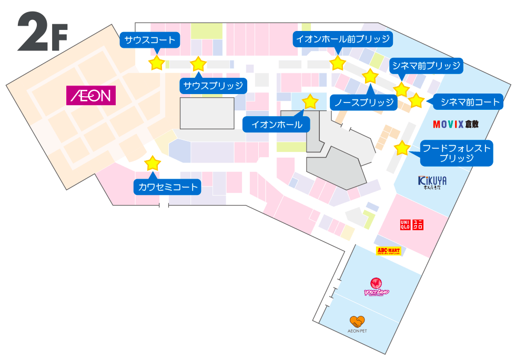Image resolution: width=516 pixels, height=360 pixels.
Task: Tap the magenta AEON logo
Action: [x=90, y=96]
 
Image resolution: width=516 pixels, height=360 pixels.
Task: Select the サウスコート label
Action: [x=150, y=40]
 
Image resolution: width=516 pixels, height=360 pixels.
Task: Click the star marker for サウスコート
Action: [x=157, y=64]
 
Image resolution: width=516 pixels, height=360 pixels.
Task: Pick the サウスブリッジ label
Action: [x=213, y=86]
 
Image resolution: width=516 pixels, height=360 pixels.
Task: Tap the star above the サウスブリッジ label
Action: [x=198, y=64]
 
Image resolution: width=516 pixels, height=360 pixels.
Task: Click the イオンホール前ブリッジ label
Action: [x=342, y=39]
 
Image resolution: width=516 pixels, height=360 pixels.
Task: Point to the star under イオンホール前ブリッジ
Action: [x=337, y=64]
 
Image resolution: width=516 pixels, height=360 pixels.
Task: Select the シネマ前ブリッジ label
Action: [x=426, y=66]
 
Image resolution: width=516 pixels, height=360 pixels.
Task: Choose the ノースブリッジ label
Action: [x=364, y=102]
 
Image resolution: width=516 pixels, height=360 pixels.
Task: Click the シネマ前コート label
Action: [x=470, y=101]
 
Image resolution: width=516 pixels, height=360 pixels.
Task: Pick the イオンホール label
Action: [x=277, y=125]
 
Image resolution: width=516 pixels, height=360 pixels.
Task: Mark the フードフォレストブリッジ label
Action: [x=457, y=152]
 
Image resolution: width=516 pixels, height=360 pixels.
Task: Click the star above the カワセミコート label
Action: [x=153, y=163]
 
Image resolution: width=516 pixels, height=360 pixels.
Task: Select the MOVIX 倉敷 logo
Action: [x=456, y=125]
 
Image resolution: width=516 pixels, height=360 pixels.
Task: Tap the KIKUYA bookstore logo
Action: [x=432, y=182]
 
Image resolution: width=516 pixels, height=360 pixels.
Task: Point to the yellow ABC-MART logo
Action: [x=389, y=251]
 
